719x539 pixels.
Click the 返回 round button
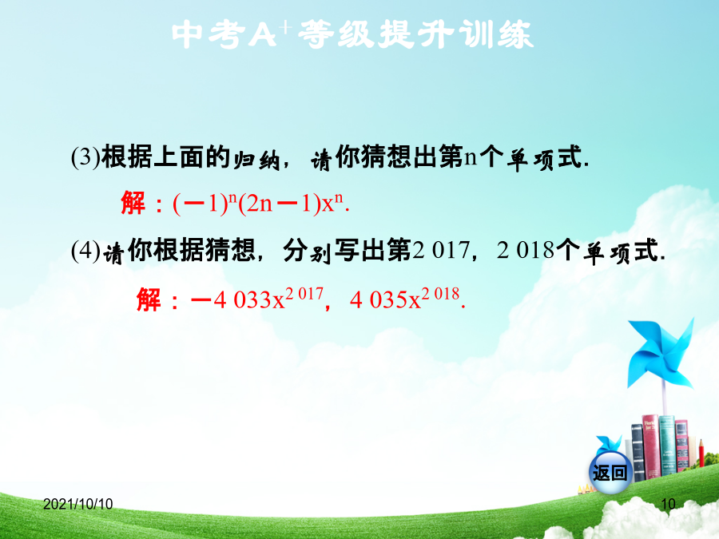coord(610,472)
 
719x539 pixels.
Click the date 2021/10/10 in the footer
coord(78,504)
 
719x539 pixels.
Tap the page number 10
coord(668,504)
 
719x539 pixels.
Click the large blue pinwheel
coord(661,354)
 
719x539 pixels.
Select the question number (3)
coord(85,157)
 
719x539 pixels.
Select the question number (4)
coord(85,251)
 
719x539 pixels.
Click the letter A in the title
coord(262,35)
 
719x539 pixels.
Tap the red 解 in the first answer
coord(133,203)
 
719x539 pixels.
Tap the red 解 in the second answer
coord(149,299)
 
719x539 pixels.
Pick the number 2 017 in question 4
coord(441,250)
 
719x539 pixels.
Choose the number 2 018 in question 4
coord(526,250)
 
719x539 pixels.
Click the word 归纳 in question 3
coord(256,160)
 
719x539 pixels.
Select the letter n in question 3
coord(471,157)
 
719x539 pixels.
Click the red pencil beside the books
coord(701,453)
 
